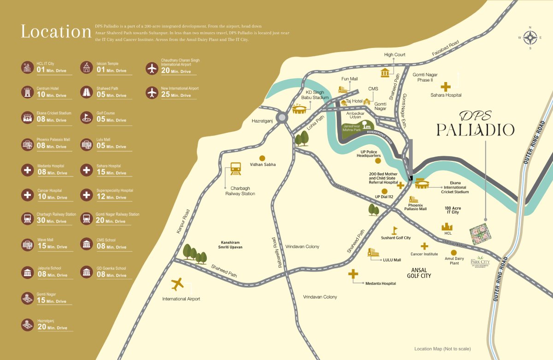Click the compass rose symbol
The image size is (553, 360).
pyautogui.click(x=530, y=37)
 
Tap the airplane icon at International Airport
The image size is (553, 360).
pyautogui.click(x=177, y=284)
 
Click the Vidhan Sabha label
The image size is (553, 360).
pyautogui.click(x=263, y=164)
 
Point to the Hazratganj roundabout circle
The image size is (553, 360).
pyautogui.click(x=282, y=117)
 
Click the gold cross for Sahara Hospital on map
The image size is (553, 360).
pyautogui.click(x=446, y=87)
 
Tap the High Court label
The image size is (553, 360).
pyautogui.click(x=394, y=55)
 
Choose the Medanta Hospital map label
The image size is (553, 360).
pyautogui.click(x=380, y=283)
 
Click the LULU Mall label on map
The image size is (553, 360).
pyautogui.click(x=392, y=260)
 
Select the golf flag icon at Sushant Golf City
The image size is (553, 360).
pyautogui.click(x=394, y=230)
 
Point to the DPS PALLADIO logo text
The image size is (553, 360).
pyautogui.click(x=475, y=124)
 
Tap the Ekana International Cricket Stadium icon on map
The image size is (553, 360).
pyautogui.click(x=423, y=184)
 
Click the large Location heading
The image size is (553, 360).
pyautogui.click(x=56, y=32)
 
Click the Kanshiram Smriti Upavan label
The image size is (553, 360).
pyautogui.click(x=230, y=244)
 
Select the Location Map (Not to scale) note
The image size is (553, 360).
pyautogui.click(x=442, y=349)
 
